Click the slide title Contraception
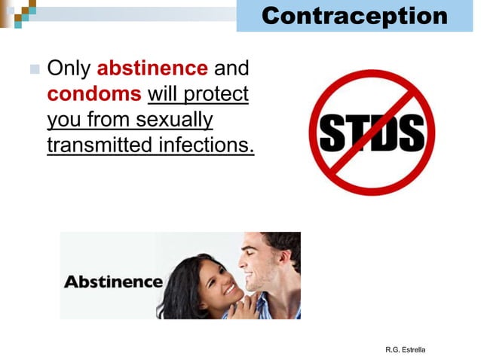pyautogui.click(x=354, y=15)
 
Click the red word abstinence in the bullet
pyautogui.click(x=152, y=69)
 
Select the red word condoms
pyautogui.click(x=93, y=94)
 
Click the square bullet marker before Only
pyautogui.click(x=34, y=70)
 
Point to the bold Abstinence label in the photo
pyautogui.click(x=113, y=282)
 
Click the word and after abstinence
pyautogui.click(x=231, y=69)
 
